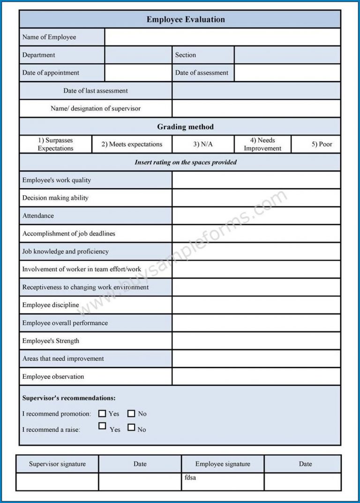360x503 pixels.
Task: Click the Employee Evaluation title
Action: (x=186, y=20)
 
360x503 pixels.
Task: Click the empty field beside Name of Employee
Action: (x=222, y=37)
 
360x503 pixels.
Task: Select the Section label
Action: (x=186, y=55)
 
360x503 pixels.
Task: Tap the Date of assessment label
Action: (x=202, y=73)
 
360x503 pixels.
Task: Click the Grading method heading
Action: (x=185, y=127)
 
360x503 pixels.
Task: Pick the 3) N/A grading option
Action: (x=203, y=144)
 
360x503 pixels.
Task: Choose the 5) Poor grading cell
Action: (x=322, y=144)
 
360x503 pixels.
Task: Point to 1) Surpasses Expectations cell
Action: (x=55, y=144)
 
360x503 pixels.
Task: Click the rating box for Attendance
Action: (x=256, y=216)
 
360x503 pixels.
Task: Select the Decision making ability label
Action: (x=55, y=198)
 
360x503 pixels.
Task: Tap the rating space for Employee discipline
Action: (x=256, y=305)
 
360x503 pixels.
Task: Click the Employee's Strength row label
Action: (x=51, y=341)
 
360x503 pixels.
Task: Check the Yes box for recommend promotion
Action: (x=102, y=413)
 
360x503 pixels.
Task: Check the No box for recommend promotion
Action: (x=131, y=413)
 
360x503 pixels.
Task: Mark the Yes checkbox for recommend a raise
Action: (x=102, y=426)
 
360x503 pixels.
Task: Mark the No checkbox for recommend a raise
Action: (x=131, y=427)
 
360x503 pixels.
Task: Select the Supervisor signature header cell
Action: (x=57, y=464)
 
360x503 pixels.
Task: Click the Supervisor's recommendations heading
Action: (x=69, y=398)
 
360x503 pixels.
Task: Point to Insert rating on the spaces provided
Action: (x=186, y=163)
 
